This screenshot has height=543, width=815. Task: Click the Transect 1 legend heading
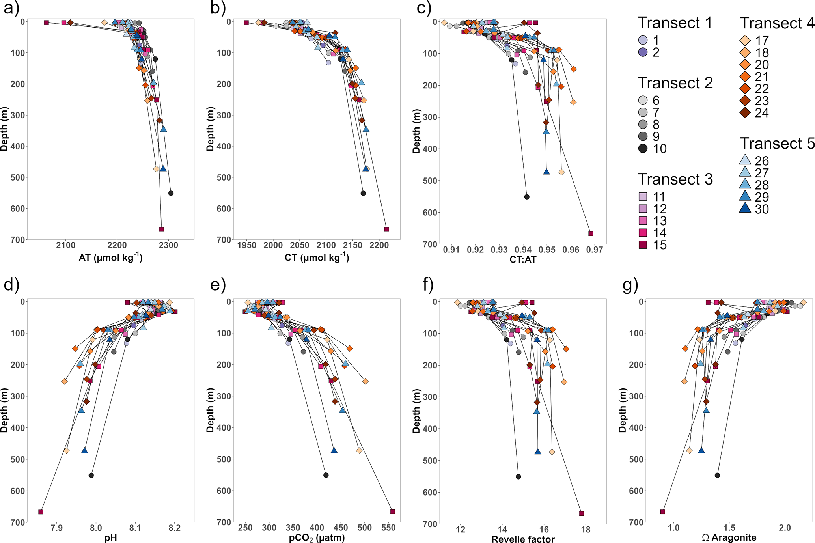coord(675,23)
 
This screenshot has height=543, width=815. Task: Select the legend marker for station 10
coord(643,149)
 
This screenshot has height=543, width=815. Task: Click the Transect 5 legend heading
coord(777,144)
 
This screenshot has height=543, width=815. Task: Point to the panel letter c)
coord(424,8)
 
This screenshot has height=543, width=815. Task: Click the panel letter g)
coord(630,285)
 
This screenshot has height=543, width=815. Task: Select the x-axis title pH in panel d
coord(111,538)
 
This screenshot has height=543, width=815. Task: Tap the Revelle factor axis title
coord(523,539)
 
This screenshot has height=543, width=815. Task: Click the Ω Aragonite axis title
coord(729,537)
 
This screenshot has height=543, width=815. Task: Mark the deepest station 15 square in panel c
coord(591,234)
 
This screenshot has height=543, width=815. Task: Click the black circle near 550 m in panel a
coord(171,193)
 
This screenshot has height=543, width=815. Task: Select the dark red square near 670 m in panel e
coord(392,512)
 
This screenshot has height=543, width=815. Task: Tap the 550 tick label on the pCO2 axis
coord(388,528)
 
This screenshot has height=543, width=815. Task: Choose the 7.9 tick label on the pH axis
coord(57,528)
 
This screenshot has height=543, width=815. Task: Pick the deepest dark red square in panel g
coord(663,512)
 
